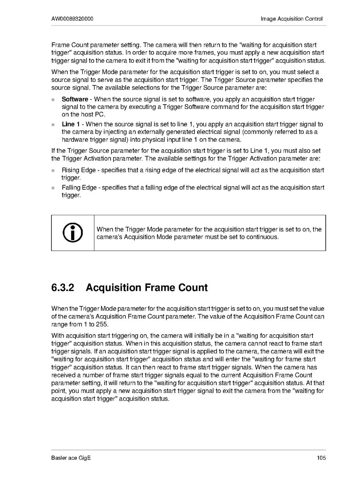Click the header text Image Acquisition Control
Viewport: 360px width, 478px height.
click(291, 19)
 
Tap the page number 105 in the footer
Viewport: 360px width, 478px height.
click(321, 458)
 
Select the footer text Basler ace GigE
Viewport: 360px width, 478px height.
click(71, 458)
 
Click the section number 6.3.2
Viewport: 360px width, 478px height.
click(63, 288)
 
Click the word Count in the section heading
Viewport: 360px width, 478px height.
click(191, 288)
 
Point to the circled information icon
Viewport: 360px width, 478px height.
click(73, 233)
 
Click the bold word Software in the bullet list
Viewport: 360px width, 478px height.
click(75, 99)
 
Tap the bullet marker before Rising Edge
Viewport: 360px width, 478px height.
click(53, 171)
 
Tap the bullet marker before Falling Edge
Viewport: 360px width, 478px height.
click(53, 188)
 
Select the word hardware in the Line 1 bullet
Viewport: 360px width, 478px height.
click(74, 140)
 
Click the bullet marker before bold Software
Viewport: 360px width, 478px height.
click(53, 99)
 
